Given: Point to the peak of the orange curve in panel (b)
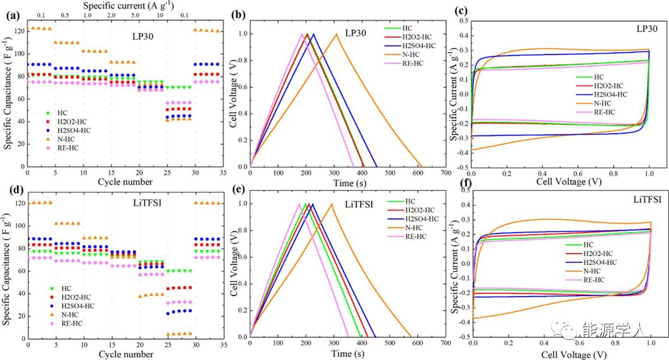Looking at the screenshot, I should (336, 34).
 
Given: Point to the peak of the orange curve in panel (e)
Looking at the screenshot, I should (331, 203).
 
